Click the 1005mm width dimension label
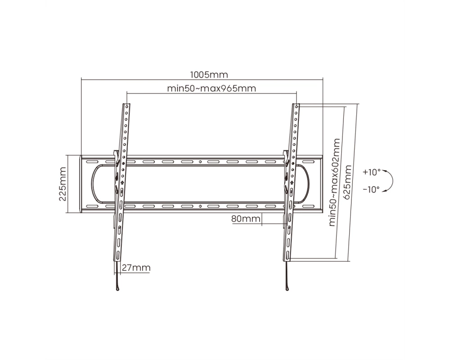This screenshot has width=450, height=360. pyautogui.click(x=209, y=75)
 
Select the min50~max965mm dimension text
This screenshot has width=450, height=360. pyautogui.click(x=211, y=88)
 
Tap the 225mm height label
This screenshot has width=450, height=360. pyautogui.click(x=63, y=184)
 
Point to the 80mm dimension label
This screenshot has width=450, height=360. pyautogui.click(x=246, y=219)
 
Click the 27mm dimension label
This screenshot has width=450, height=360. pyautogui.click(x=136, y=268)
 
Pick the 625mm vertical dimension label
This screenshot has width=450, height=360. pyautogui.click(x=347, y=182)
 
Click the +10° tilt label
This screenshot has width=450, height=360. pyautogui.click(x=372, y=172)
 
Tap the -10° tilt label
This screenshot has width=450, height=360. pyautogui.click(x=371, y=189)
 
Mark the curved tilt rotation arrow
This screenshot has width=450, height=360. pyautogui.click(x=392, y=180)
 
